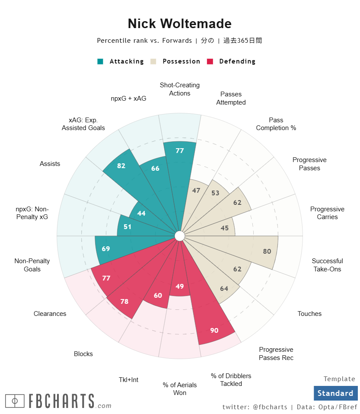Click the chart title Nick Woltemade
[180, 23]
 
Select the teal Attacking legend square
[100, 61]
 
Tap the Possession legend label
[181, 61]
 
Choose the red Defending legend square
[210, 61]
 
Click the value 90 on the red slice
[214, 331]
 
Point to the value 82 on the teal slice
[121, 166]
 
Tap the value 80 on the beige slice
[267, 252]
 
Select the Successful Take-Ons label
[327, 265]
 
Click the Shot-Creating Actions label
[180, 89]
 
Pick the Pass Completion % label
[276, 124]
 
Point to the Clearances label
[50, 314]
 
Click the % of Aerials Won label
[180, 389]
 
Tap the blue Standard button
[335, 393]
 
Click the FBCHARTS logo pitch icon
[15, 401]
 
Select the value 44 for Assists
[141, 213]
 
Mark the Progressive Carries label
[327, 213]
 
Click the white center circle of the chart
[180, 236]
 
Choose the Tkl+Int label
[129, 380]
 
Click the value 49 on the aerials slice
[180, 286]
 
